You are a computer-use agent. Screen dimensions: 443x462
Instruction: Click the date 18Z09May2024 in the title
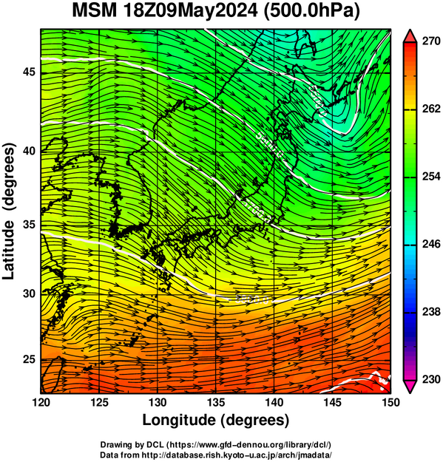pyautogui.click(x=190, y=11)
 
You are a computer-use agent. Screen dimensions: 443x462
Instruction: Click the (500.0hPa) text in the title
pyautogui.click(x=311, y=12)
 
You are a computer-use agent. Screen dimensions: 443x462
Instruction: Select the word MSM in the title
pyautogui.click(x=95, y=11)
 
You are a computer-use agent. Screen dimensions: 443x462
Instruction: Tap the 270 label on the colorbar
pyautogui.click(x=431, y=41)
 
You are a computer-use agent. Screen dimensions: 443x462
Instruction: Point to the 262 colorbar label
pyautogui.click(x=431, y=109)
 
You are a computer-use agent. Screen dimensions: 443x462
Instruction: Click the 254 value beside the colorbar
pyautogui.click(x=431, y=176)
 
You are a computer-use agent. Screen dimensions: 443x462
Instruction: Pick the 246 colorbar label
pyautogui.click(x=431, y=244)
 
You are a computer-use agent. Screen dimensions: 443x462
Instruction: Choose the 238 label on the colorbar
pyautogui.click(x=431, y=311)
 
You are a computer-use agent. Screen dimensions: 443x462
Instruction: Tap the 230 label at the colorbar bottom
pyautogui.click(x=431, y=379)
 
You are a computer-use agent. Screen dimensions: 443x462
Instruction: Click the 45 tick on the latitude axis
pyautogui.click(x=29, y=72)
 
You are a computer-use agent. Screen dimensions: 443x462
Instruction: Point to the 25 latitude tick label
pyautogui.click(x=29, y=359)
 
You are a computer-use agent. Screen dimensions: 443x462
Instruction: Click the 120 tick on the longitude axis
pyautogui.click(x=41, y=402)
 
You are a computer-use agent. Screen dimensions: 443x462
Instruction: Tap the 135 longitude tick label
pyautogui.click(x=216, y=402)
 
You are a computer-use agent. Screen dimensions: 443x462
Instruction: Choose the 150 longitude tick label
pyautogui.click(x=390, y=402)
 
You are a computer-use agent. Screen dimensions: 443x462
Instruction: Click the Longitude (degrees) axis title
pyautogui.click(x=216, y=420)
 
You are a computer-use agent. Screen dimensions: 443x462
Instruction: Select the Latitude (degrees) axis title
pyautogui.click(x=8, y=211)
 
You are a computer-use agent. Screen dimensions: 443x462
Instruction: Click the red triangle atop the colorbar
pyautogui.click(x=410, y=36)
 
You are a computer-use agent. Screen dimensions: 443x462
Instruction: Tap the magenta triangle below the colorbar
pyautogui.click(x=410, y=386)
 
